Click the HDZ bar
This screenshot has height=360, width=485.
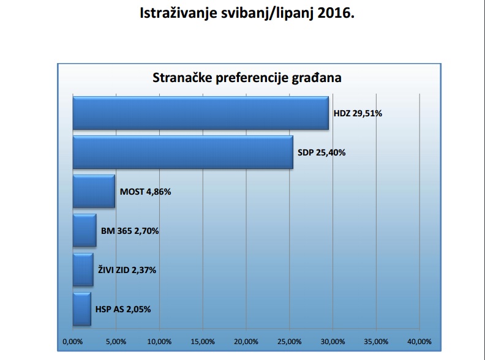tap(200, 113)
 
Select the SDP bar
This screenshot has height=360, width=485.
tap(182, 152)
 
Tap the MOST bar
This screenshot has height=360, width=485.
tap(94, 192)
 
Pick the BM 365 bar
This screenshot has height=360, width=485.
tap(85, 231)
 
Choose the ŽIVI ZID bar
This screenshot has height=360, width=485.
tap(83, 270)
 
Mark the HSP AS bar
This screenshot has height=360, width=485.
tap(81, 309)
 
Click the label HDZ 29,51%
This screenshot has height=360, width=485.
tap(358, 113)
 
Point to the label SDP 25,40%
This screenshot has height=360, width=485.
tap(321, 152)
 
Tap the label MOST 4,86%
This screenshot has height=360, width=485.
tap(145, 192)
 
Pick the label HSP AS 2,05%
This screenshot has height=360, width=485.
tap(123, 309)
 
